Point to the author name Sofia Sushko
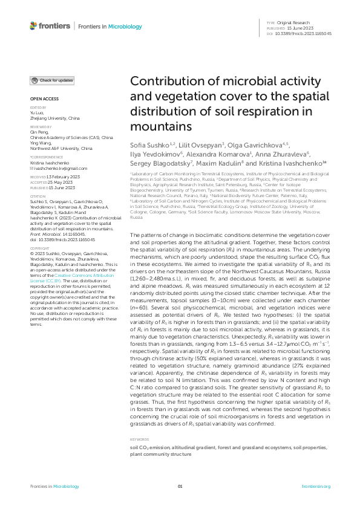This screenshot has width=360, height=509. point(148,146)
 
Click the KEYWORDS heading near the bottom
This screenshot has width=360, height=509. point(139,439)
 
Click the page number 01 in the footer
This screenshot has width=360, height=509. point(180,487)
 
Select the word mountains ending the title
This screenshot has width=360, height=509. point(161,126)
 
